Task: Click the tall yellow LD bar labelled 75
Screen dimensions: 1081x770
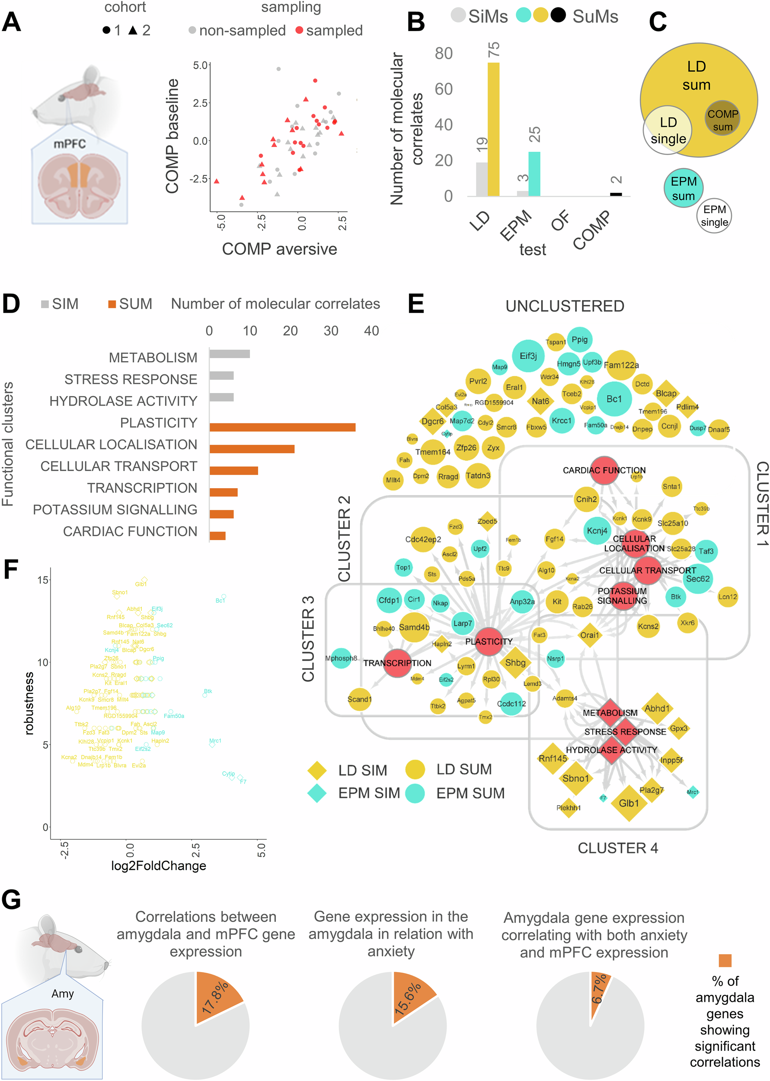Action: (x=493, y=129)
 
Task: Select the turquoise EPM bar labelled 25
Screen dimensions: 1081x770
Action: (x=534, y=173)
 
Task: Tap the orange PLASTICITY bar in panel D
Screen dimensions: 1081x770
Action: (x=282, y=427)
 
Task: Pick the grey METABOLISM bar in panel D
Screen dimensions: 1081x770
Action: (x=230, y=354)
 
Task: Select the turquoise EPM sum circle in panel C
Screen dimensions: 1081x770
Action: (x=683, y=188)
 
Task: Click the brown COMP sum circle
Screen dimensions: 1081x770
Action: (x=722, y=118)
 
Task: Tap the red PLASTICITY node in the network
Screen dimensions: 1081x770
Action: (x=489, y=641)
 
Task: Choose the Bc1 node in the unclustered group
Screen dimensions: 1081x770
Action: (x=614, y=399)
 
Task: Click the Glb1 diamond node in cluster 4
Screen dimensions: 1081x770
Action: (x=629, y=803)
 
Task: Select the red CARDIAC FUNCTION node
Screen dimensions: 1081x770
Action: (x=604, y=470)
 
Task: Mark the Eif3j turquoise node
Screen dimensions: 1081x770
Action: (x=528, y=355)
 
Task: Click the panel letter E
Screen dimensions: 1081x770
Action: (x=416, y=304)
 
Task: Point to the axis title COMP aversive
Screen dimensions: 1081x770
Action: (x=279, y=249)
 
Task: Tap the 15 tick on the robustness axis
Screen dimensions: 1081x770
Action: (x=43, y=580)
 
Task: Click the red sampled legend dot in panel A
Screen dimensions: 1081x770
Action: (x=299, y=30)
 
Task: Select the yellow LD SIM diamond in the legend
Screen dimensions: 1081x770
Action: (x=317, y=771)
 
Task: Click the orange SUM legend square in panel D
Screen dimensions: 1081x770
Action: (x=112, y=304)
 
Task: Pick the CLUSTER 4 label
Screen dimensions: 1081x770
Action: (x=617, y=848)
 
